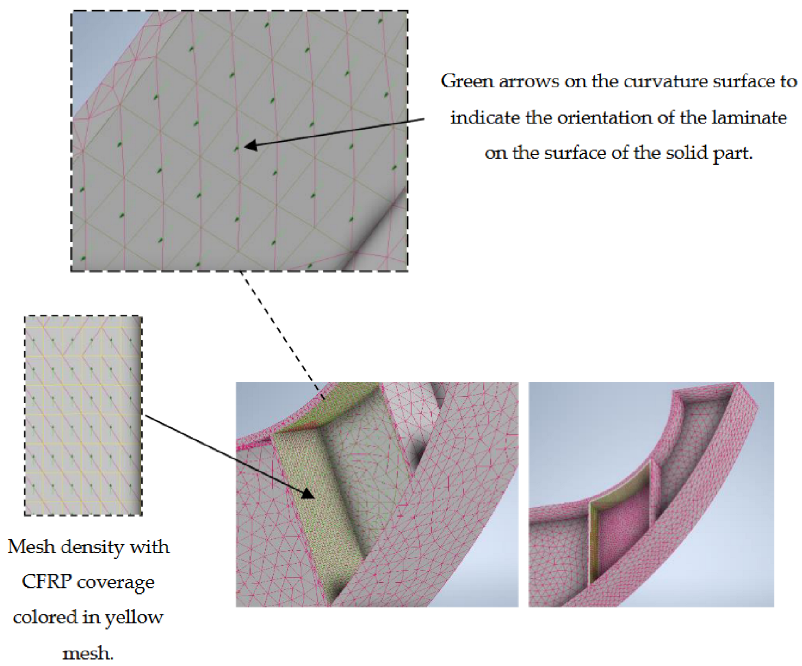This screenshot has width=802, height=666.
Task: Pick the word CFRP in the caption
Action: (x=46, y=581)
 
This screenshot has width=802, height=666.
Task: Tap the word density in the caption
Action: (x=92, y=546)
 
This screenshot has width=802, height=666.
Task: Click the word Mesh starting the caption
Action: (x=32, y=546)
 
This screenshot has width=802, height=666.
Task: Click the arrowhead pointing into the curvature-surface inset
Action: (x=250, y=146)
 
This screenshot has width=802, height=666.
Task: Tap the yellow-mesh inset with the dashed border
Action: (x=84, y=415)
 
